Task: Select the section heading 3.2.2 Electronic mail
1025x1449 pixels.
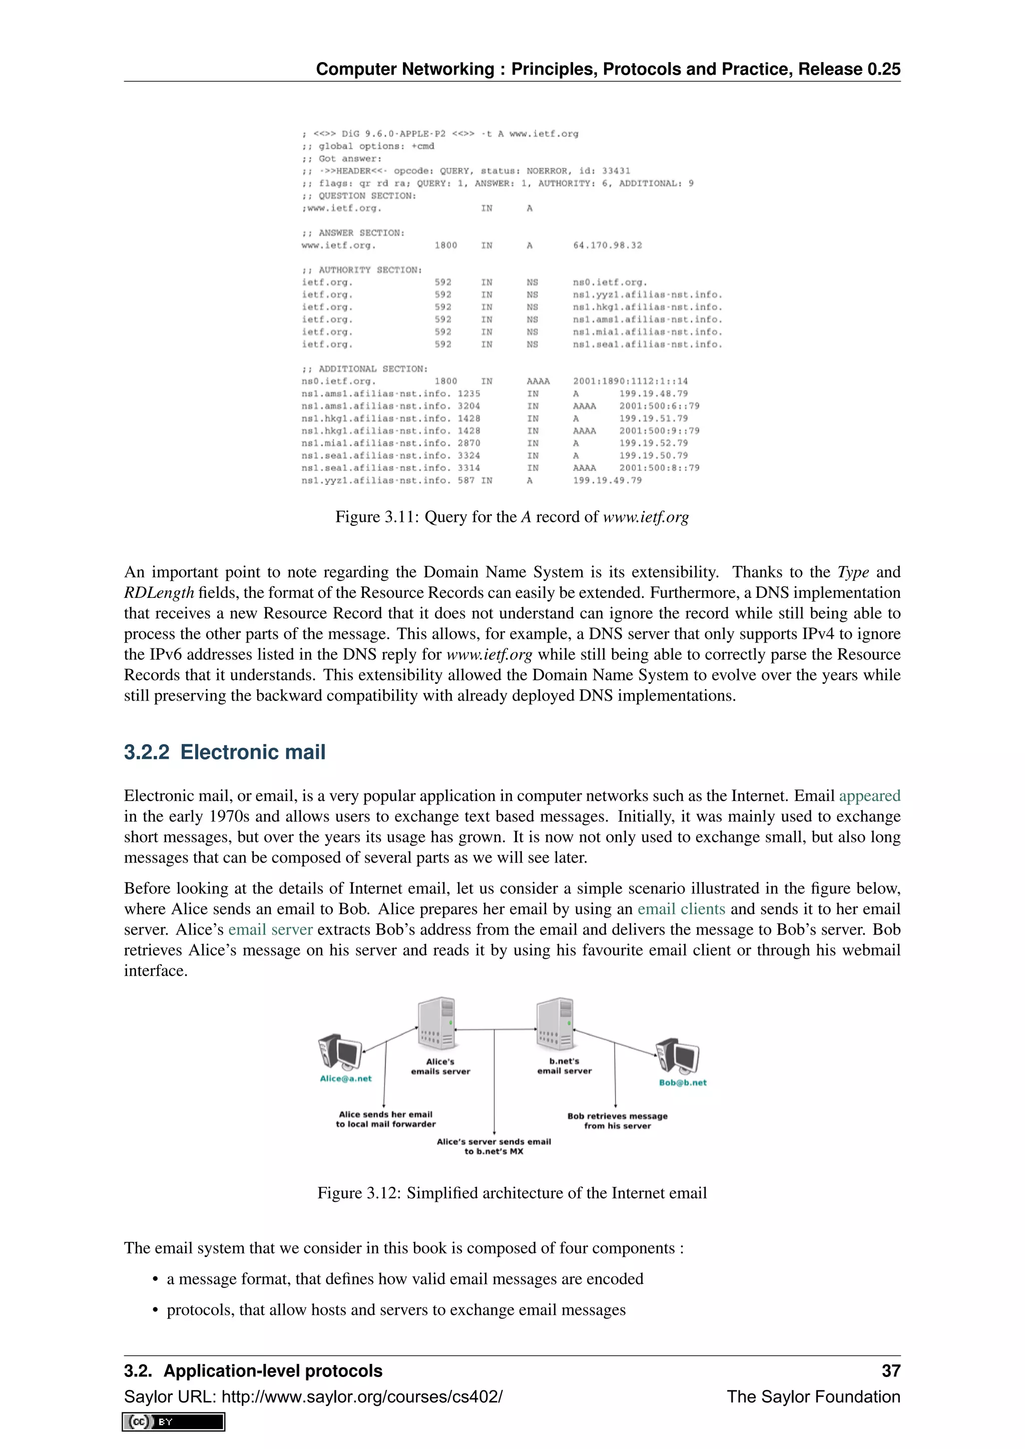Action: pyautogui.click(x=225, y=752)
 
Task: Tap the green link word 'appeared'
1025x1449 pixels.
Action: pyautogui.click(x=869, y=796)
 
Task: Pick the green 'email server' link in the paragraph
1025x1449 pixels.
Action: pyautogui.click(x=270, y=930)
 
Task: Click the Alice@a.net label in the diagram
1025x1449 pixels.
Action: pyautogui.click(x=345, y=1079)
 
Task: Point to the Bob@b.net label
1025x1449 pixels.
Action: pyautogui.click(x=682, y=1082)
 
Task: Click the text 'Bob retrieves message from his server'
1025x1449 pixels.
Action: pyautogui.click(x=617, y=1121)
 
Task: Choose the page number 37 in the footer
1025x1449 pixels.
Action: pyautogui.click(x=890, y=1371)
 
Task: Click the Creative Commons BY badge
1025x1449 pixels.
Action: pyautogui.click(x=174, y=1422)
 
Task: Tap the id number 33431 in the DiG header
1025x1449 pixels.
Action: pyautogui.click(x=616, y=171)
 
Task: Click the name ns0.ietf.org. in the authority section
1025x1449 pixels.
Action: pyautogui.click(x=610, y=283)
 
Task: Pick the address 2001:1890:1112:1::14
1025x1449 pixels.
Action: pyautogui.click(x=630, y=381)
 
